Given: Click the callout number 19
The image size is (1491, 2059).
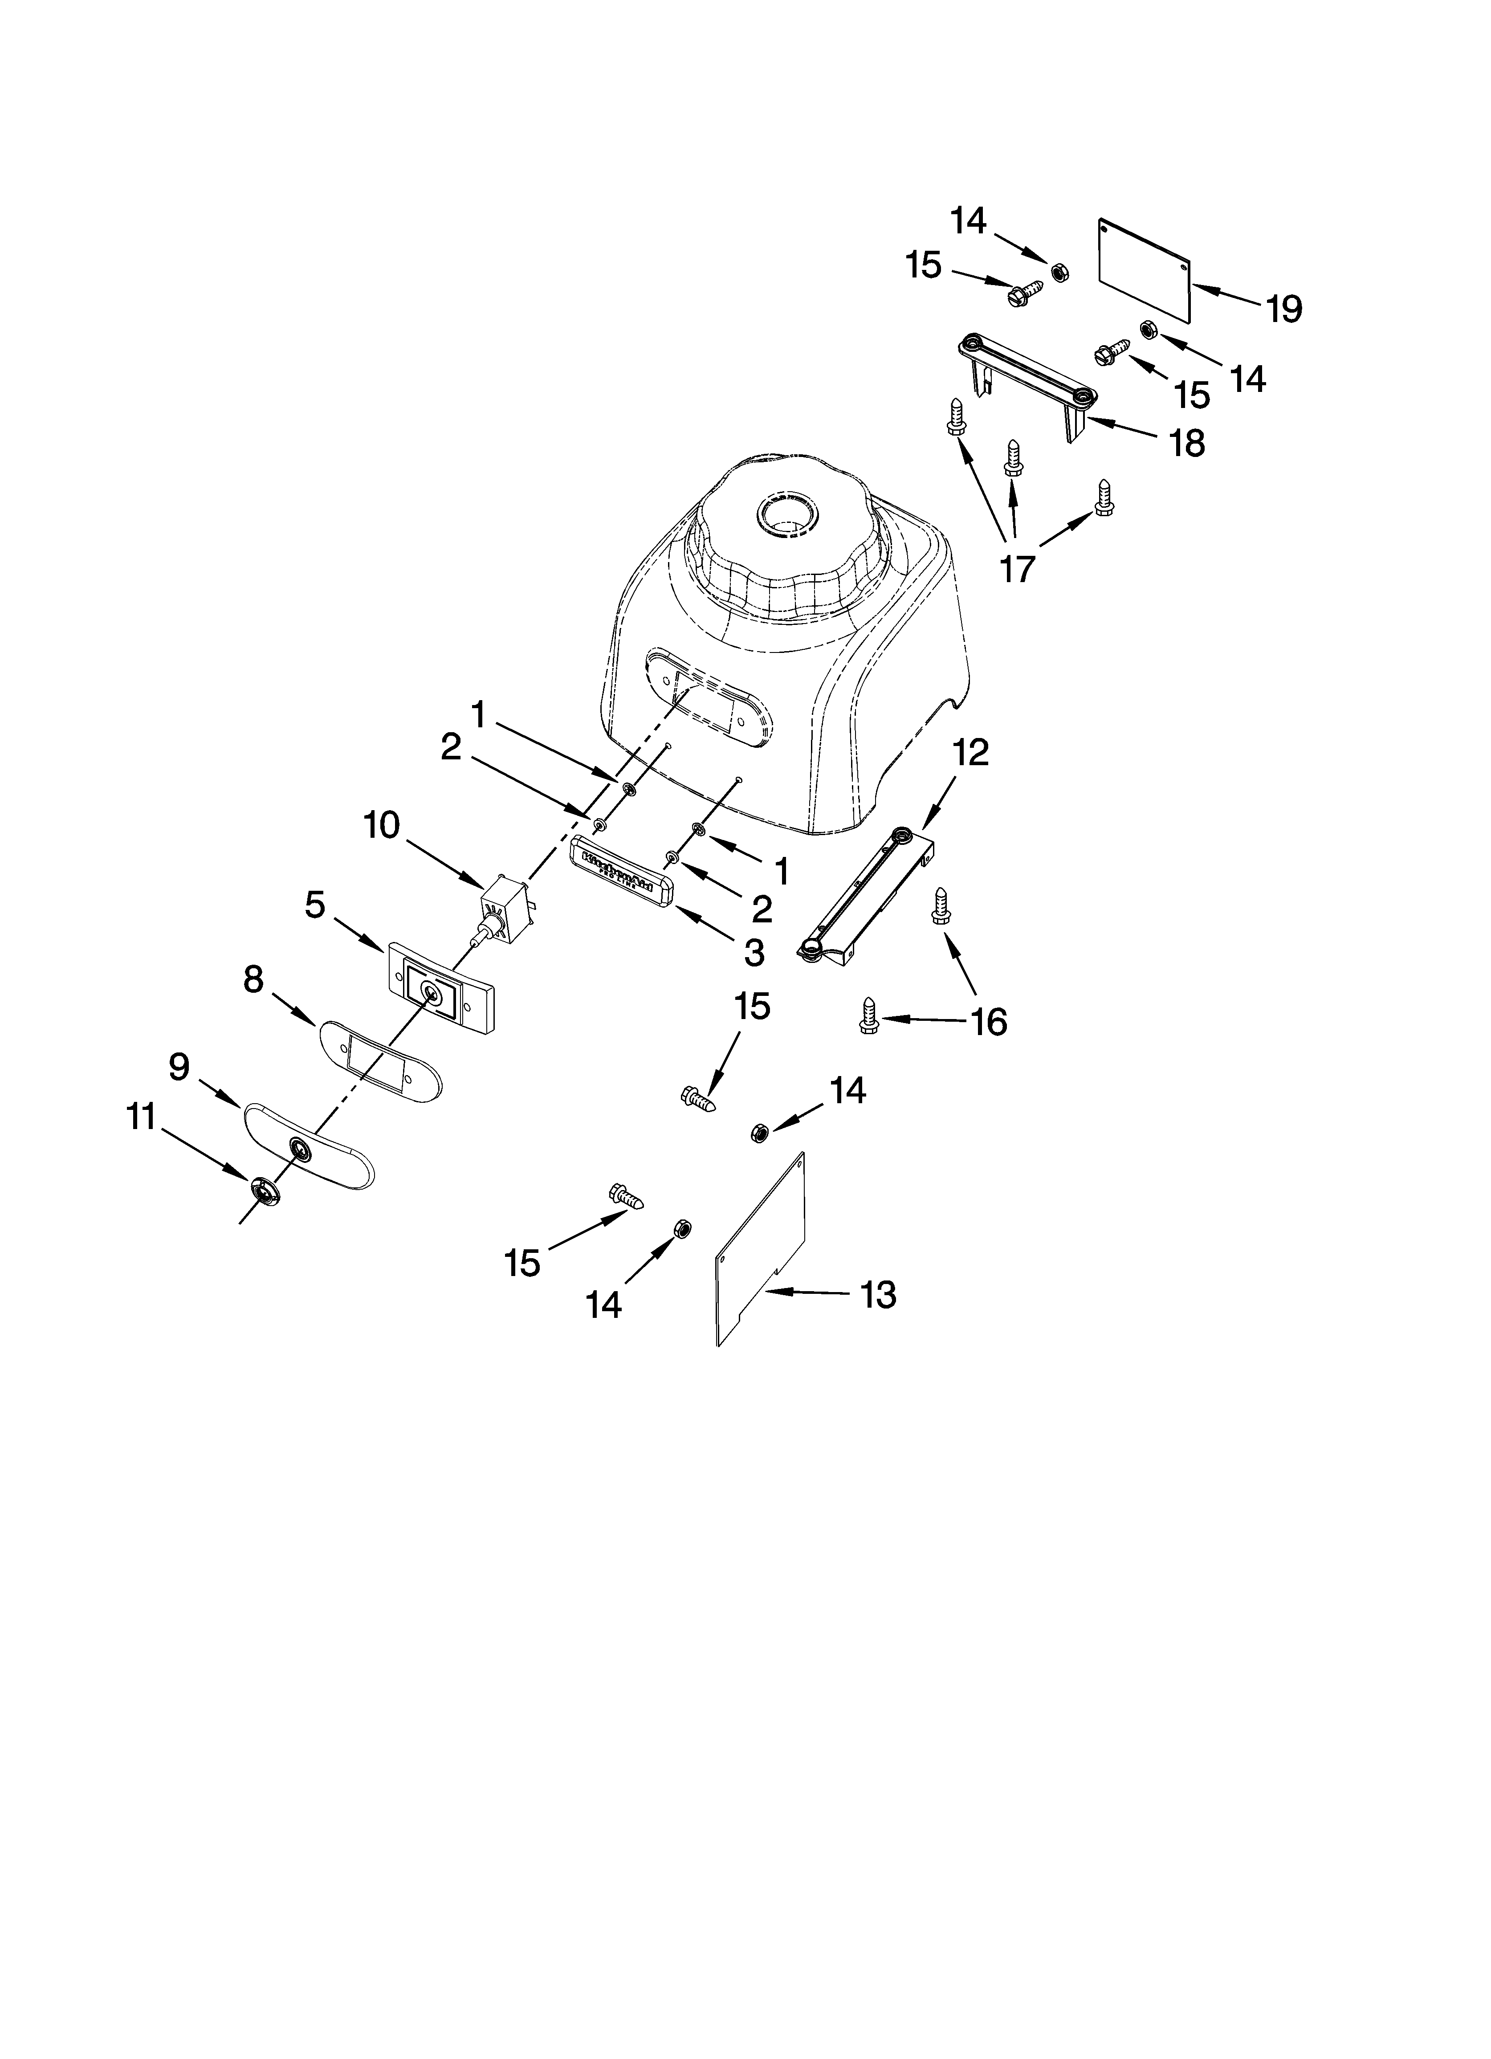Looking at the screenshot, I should [x=1284, y=310].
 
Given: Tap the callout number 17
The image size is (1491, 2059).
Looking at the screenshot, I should [x=1017, y=568].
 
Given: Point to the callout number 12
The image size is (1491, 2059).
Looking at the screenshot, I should [x=971, y=753].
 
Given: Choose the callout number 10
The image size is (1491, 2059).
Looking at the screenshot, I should [x=381, y=825].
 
